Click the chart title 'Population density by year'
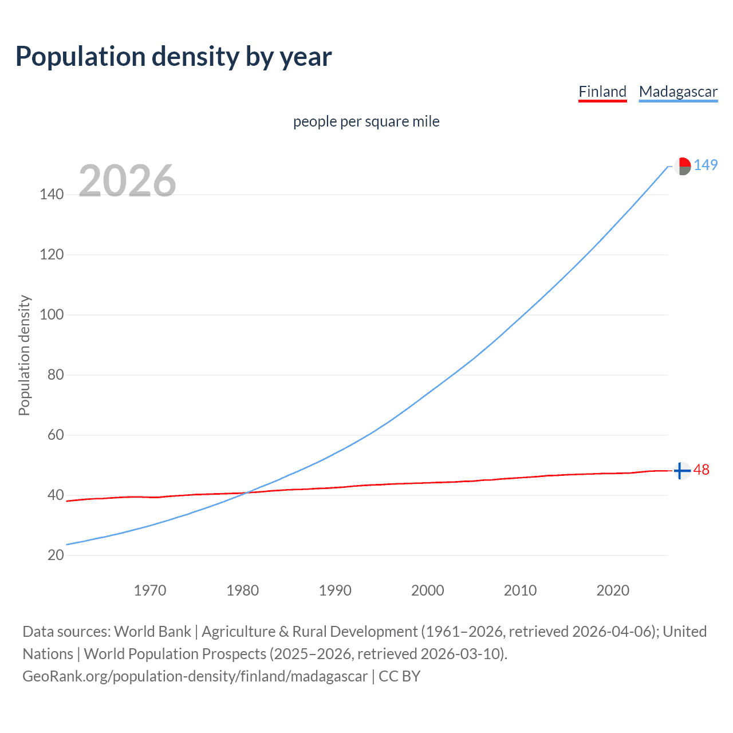[x=174, y=57]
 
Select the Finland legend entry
[x=602, y=92]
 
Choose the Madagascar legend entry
[x=678, y=92]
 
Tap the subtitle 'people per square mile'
[x=366, y=121]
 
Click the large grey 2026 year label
[x=127, y=181]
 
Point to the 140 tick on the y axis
[x=52, y=195]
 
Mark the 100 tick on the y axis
[x=52, y=315]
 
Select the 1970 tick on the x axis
[x=150, y=590]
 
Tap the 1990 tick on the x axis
[x=335, y=590]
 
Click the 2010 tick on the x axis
[x=520, y=590]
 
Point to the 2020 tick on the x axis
[x=613, y=590]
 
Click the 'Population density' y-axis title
[x=24, y=355]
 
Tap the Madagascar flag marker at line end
[x=681, y=166]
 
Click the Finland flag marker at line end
[x=681, y=471]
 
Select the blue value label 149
[x=706, y=165]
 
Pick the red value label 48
[x=702, y=470]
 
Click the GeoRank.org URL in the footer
[x=195, y=676]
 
